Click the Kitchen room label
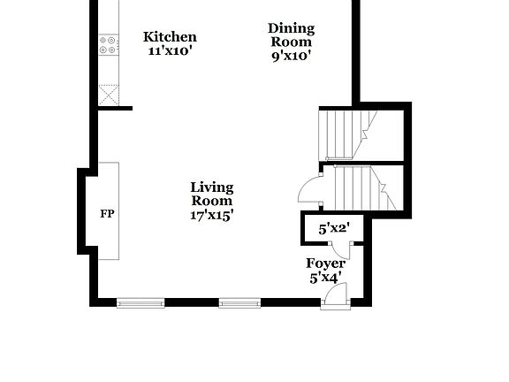[170, 37]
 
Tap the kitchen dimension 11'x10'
[170, 50]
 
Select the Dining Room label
[291, 34]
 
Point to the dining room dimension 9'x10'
[291, 56]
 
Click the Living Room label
[212, 194]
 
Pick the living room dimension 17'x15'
[212, 215]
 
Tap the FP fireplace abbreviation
[107, 214]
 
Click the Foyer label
[325, 264]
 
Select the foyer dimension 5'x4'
[325, 278]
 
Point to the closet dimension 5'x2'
[334, 229]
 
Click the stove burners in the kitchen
[109, 44]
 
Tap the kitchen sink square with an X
[109, 95]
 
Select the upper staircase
[347, 134]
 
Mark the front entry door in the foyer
[337, 295]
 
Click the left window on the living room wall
[141, 303]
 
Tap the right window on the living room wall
[239, 303]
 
